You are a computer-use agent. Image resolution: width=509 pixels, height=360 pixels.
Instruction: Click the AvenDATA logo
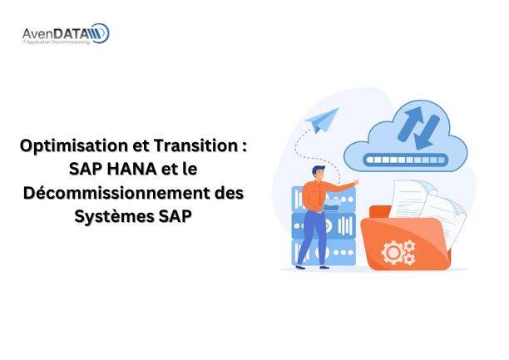66,33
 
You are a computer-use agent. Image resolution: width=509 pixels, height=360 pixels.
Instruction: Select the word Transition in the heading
195,145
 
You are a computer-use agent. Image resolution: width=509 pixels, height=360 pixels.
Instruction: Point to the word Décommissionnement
117,193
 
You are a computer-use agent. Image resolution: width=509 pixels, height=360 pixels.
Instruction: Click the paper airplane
323,120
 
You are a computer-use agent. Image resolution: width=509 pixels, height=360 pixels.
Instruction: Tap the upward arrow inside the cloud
410,123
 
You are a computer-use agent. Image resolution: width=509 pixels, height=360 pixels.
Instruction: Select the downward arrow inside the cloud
427,133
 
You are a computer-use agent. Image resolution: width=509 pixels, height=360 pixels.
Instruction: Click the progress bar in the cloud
405,160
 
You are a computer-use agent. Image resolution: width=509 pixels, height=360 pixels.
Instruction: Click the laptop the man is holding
332,205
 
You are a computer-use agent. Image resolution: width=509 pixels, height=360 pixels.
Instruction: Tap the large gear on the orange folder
393,252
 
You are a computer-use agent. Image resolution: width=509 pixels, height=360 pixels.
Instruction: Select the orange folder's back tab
380,212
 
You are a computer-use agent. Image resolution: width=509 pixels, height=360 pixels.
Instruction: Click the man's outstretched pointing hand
356,182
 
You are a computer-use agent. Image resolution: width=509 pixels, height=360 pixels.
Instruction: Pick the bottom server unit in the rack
324,253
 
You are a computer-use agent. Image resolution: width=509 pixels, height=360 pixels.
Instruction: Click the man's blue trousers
312,238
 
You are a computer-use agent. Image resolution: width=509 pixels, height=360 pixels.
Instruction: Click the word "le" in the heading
190,169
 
